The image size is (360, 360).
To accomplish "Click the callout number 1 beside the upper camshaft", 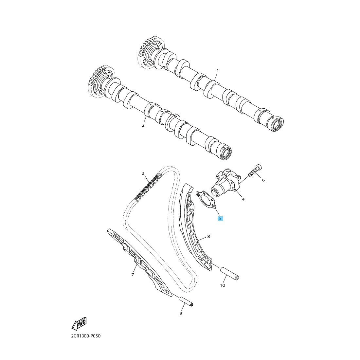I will [x=218, y=70].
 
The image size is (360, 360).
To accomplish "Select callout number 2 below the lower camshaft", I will [x=143, y=125].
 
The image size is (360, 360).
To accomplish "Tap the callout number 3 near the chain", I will [x=143, y=173].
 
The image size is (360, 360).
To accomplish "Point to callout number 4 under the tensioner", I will [x=243, y=199].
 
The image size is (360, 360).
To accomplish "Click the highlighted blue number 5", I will [x=221, y=218].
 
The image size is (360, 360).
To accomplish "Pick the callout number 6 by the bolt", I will [x=263, y=180].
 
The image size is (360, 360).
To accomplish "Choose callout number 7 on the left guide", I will [x=133, y=275].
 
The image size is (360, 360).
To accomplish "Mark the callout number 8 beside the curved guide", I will [x=208, y=236].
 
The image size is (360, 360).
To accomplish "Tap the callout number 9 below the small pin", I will [x=180, y=314].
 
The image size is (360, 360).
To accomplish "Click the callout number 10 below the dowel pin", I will [x=223, y=285].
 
